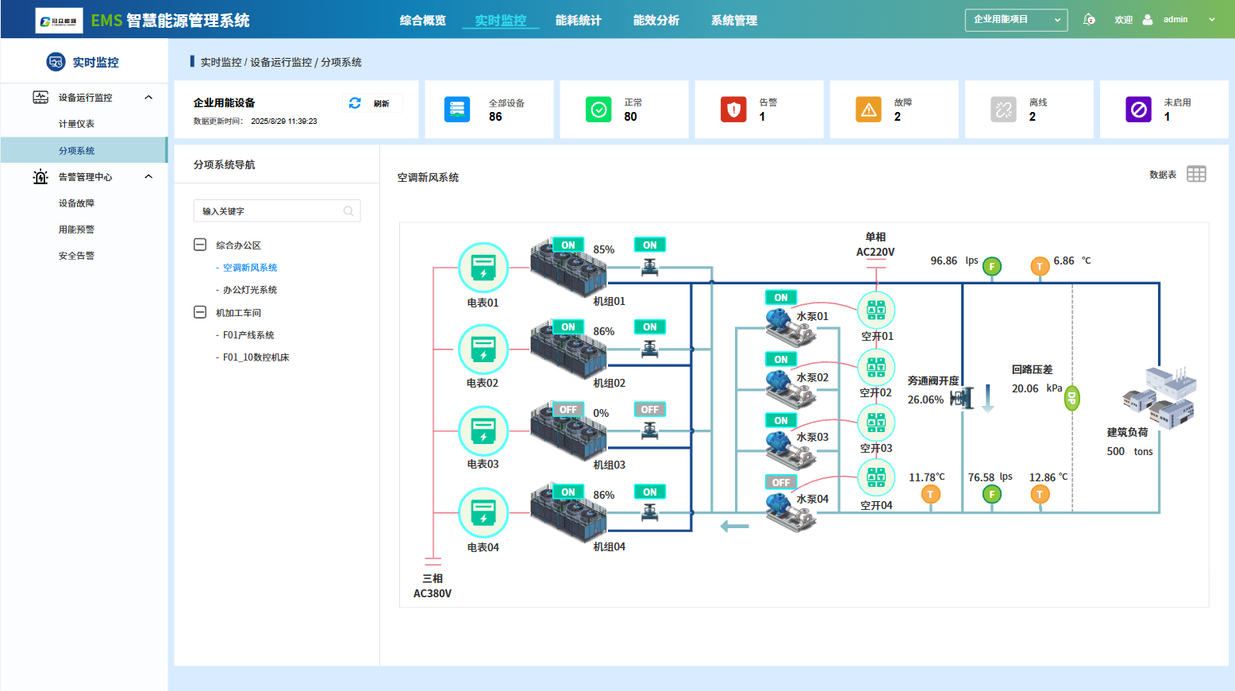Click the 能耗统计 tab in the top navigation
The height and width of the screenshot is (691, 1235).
coord(578,20)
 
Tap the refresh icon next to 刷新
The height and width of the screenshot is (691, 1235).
coord(355,103)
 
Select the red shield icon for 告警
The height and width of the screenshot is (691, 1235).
coord(733,109)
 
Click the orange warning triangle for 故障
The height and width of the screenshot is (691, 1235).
coord(868,109)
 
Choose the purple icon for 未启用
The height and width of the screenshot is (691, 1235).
coord(1138,109)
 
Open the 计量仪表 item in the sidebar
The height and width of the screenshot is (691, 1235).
coord(76,124)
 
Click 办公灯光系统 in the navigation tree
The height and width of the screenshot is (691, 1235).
coord(250,290)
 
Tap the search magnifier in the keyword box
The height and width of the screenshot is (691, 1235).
coord(348,211)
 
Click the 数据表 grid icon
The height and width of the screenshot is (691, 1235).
coord(1196,174)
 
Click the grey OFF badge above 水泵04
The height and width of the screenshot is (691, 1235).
coord(781,482)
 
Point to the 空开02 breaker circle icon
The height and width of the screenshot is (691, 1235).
coord(876,366)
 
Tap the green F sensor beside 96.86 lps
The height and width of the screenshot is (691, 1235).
coord(992,267)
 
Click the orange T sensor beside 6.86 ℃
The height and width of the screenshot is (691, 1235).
coord(1040,267)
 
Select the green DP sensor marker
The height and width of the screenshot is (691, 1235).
coord(1071,398)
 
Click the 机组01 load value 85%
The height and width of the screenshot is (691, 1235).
coord(604,249)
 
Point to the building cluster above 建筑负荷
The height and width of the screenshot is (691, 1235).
coord(1159,396)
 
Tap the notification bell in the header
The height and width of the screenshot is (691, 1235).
coord(1089,20)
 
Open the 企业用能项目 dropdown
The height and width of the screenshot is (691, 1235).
coord(1016,20)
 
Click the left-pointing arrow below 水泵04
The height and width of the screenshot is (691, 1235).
coord(734,526)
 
